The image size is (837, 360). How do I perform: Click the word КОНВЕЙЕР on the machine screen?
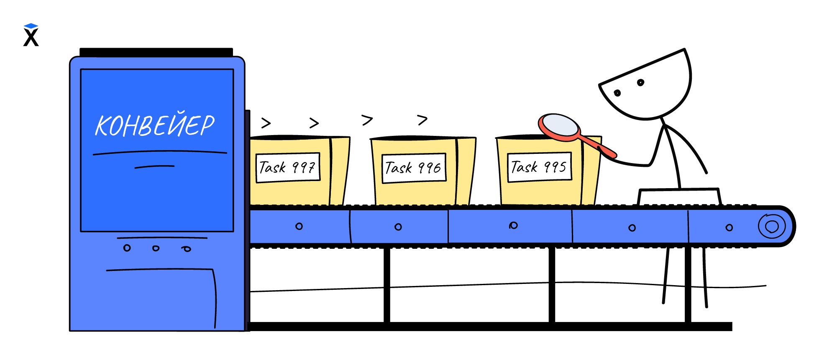(155, 125)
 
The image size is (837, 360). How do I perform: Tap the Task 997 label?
(288, 168)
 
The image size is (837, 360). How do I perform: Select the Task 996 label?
(414, 168)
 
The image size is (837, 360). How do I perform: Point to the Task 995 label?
(539, 167)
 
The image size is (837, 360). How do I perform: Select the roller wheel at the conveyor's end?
(772, 226)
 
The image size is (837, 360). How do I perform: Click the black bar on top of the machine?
(156, 52)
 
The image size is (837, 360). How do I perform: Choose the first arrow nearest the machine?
(266, 123)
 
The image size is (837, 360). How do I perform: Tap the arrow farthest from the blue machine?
(422, 120)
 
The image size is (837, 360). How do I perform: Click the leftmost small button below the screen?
(127, 248)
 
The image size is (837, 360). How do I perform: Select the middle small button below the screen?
(156, 248)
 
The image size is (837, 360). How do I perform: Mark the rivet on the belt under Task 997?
(299, 226)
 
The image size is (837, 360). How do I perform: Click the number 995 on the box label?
(555, 167)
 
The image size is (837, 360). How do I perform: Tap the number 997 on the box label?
(304, 168)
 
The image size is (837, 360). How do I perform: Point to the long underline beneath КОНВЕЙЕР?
(160, 152)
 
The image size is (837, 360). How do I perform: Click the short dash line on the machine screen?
(154, 166)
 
